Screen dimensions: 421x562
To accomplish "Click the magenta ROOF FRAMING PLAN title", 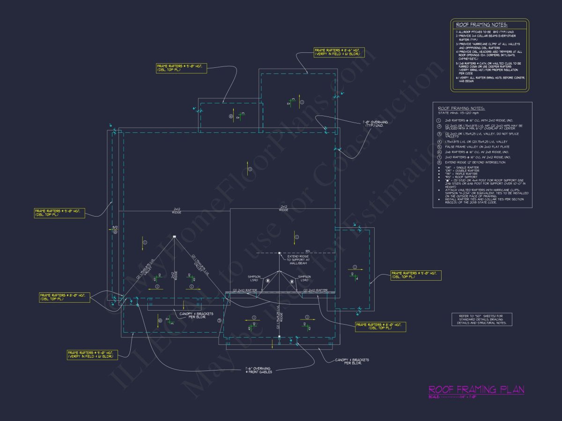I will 476,390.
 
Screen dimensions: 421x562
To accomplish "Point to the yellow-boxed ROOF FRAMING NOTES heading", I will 482,25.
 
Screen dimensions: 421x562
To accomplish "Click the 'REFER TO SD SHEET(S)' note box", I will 480,319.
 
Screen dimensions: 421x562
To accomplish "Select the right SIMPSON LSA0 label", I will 304,278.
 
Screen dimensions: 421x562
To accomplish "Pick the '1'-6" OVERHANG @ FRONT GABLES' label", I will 258,370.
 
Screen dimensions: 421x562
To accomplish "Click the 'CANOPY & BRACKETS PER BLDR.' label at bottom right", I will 352,361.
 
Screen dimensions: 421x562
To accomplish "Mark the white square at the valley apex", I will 174,237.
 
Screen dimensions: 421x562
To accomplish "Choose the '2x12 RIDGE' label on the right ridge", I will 283,208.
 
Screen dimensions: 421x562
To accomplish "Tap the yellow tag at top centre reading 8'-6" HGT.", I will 337,51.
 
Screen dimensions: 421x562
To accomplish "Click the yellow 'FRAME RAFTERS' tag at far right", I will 416,275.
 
